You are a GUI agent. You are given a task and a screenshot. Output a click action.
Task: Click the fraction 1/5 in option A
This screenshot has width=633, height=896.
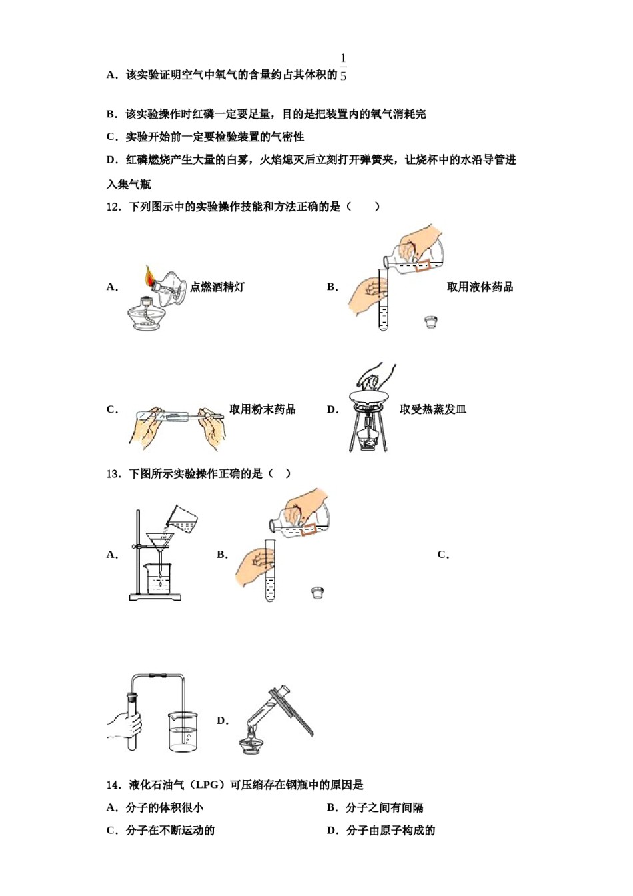[343, 67]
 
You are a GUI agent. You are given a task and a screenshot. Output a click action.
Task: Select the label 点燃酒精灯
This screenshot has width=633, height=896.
[217, 287]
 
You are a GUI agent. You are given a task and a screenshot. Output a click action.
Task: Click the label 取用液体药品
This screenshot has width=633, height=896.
[480, 287]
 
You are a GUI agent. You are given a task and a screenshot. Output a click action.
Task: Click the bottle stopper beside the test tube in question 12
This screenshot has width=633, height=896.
[431, 322]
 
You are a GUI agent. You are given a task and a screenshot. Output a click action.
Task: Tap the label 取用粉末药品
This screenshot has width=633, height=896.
[263, 409]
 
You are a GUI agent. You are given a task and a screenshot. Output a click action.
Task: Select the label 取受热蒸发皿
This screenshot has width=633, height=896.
[433, 409]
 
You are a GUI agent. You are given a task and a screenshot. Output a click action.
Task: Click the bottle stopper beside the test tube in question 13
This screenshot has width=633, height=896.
[318, 592]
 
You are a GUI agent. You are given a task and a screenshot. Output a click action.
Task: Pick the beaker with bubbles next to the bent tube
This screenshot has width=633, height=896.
[183, 732]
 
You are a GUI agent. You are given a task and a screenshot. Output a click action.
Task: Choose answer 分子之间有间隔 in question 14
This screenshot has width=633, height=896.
[384, 807]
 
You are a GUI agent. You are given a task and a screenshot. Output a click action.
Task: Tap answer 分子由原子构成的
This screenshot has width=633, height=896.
[390, 830]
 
